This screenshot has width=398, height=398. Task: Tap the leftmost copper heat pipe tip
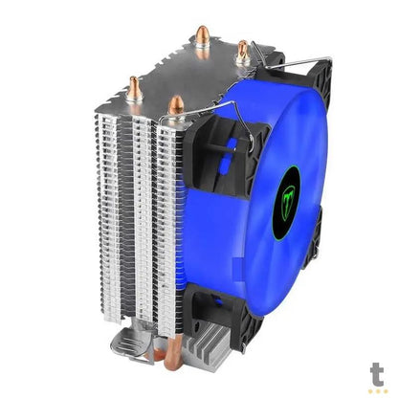pyautogui.click(x=136, y=88)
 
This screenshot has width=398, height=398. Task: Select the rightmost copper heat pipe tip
pyautogui.click(x=243, y=51)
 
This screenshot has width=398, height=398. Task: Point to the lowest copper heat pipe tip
pyautogui.click(x=175, y=103)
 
